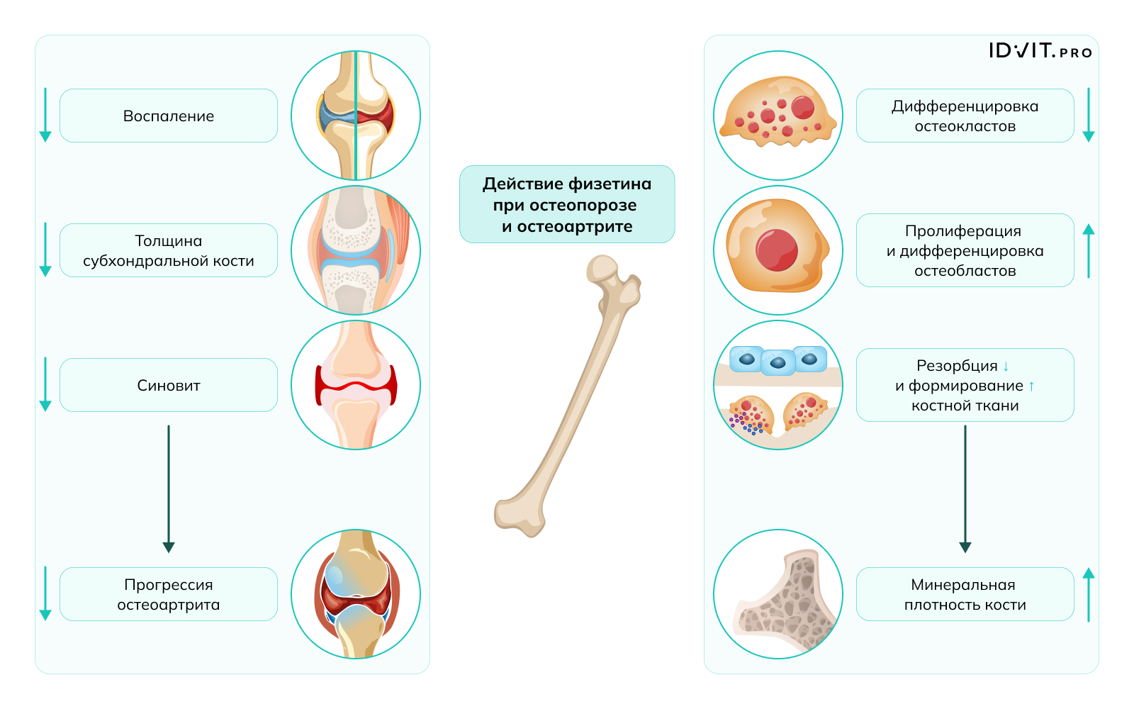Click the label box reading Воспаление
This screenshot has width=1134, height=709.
point(169,116)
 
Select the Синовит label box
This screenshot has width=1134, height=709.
point(169,385)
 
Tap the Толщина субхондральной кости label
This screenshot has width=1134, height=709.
point(169,250)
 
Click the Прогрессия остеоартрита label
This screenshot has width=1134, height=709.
point(169,594)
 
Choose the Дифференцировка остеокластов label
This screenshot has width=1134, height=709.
point(965,116)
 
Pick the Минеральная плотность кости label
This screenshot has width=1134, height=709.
point(965,594)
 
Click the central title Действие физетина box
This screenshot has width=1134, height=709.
point(567,204)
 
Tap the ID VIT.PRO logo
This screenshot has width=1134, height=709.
point(1040,50)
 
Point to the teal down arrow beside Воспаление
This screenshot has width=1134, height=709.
point(45,115)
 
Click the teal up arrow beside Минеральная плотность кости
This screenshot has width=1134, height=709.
point(1089,595)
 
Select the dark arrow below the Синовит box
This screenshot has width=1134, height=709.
point(169,489)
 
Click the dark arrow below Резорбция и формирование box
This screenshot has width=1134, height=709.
point(965,489)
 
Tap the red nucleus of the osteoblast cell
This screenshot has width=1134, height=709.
point(777,250)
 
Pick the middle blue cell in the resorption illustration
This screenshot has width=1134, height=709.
point(777,362)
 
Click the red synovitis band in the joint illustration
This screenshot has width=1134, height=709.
point(356,386)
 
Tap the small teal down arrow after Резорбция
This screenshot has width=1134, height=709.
point(1006,366)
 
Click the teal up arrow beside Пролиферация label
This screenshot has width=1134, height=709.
point(1089,251)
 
